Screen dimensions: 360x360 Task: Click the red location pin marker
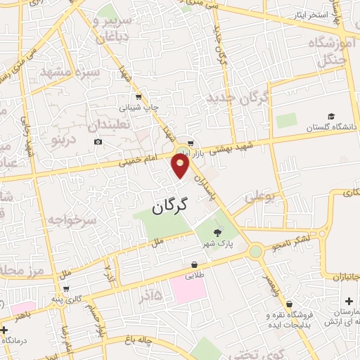tap(181, 166)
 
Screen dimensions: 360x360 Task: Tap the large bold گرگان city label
tap(171, 205)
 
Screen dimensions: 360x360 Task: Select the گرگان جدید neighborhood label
tap(240, 101)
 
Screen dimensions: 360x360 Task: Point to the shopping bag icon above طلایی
tap(193, 265)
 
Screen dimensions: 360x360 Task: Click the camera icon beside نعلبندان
tap(98, 142)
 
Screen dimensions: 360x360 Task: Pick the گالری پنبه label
tap(68, 300)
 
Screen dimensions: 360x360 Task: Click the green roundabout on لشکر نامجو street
tap(255, 251)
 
